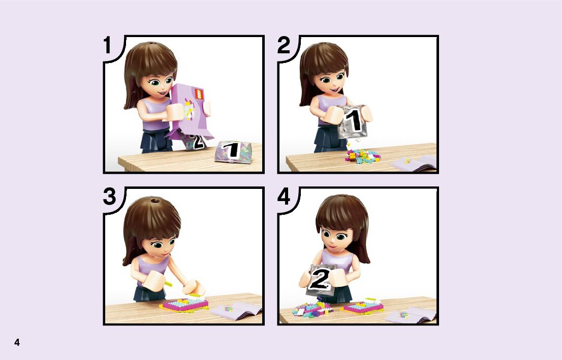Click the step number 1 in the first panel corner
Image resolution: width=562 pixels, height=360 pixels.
[107, 46]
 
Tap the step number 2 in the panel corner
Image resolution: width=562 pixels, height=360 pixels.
[284, 46]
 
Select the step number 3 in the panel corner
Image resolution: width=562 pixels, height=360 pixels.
[109, 197]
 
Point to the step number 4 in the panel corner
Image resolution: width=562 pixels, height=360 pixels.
[284, 197]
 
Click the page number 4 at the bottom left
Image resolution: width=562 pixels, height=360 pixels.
[17, 342]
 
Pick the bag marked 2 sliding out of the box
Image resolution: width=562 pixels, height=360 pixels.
[194, 142]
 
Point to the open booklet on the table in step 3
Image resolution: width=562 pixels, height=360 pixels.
[237, 310]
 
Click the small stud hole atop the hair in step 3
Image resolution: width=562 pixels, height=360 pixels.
[155, 200]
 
